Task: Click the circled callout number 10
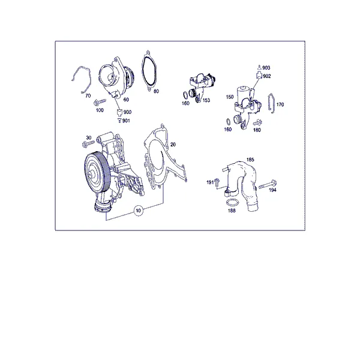point(138,211)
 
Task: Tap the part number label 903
point(266,68)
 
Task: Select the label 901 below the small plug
point(126,121)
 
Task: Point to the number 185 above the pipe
point(250,160)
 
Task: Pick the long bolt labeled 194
point(268,184)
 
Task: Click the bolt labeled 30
point(88,143)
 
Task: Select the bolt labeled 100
point(100,102)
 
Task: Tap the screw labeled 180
point(257,122)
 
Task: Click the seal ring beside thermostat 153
point(185,95)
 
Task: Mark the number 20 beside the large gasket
point(173,145)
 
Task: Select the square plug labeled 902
point(259,75)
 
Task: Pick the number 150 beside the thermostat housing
point(230,97)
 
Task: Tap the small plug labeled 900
point(119,113)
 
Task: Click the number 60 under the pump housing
point(126,100)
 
